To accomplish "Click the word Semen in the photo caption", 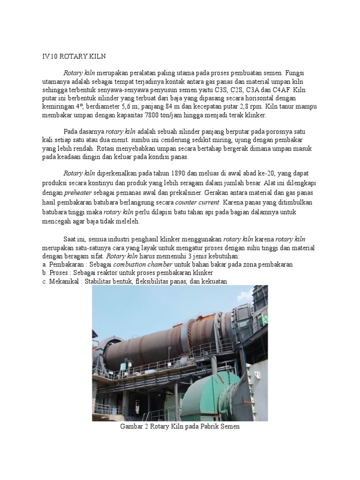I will [x=231, y=427].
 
